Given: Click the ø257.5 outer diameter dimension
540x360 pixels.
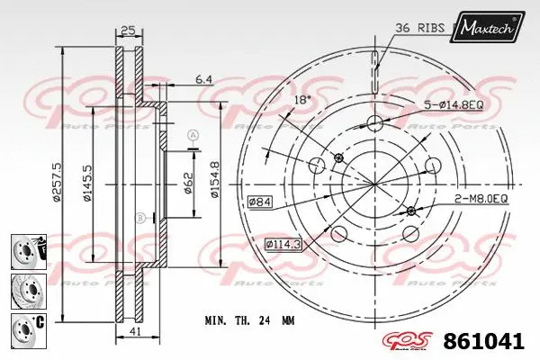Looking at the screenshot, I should (x=58, y=183).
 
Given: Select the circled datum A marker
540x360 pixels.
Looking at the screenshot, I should (x=192, y=135).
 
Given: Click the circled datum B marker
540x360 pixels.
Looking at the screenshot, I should (x=139, y=218).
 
